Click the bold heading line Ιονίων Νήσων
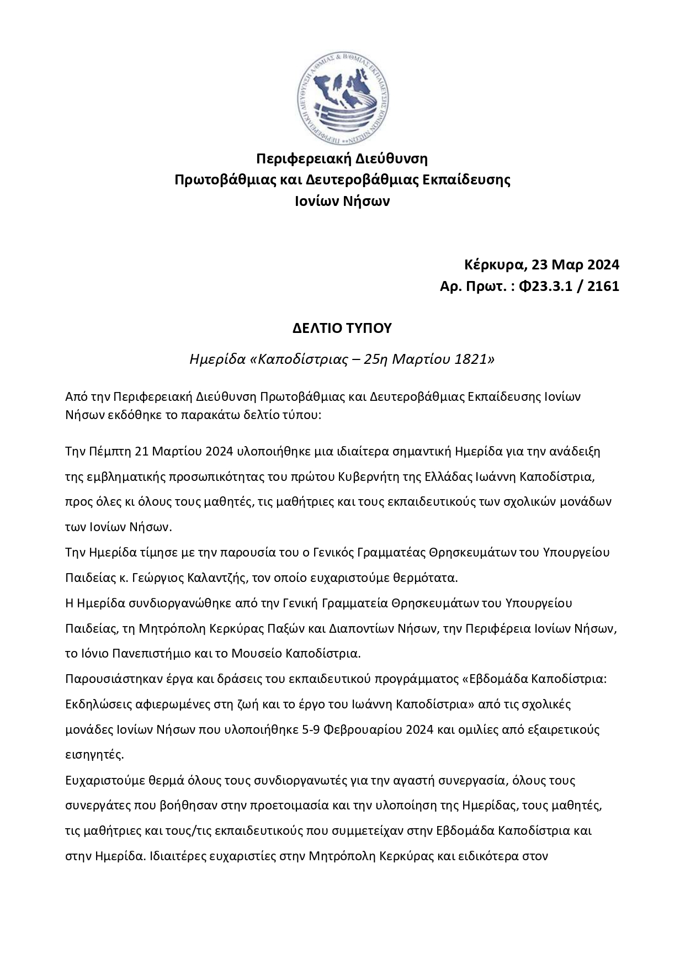tap(343, 201)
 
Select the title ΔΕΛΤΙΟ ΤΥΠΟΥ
tap(342, 328)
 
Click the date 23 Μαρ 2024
tap(576, 264)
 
